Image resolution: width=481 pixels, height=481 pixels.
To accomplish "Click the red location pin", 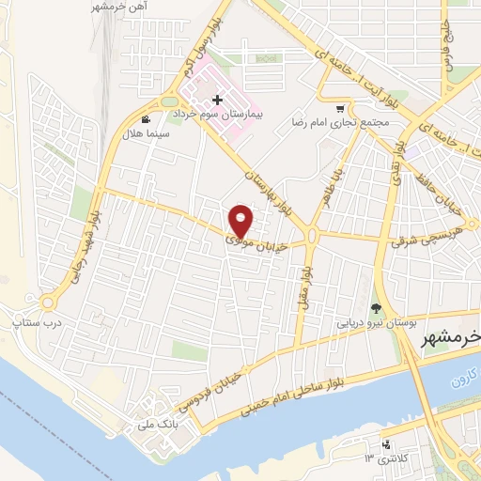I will click(241, 221).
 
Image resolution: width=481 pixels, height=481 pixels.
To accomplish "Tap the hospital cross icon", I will click(218, 99).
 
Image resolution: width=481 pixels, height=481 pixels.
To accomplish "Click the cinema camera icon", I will click(147, 119).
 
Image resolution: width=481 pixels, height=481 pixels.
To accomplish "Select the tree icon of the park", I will click(377, 307).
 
